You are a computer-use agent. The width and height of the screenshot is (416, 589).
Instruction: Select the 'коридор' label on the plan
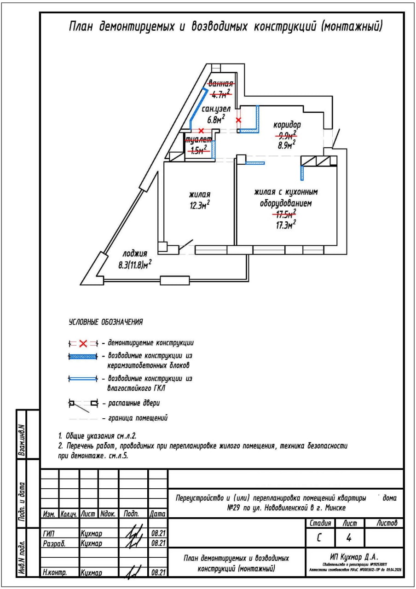(x=287, y=125)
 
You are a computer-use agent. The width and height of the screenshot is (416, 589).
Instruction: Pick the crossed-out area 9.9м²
(x=285, y=135)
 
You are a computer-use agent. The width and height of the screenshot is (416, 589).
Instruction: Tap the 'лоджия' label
(x=135, y=254)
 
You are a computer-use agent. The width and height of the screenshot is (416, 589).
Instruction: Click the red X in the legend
(x=83, y=343)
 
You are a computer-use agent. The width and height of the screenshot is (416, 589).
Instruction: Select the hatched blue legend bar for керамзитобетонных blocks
(x=83, y=357)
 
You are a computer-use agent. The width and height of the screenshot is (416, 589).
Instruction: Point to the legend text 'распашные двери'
(x=134, y=404)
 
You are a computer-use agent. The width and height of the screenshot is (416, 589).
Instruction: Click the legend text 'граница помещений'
(x=138, y=418)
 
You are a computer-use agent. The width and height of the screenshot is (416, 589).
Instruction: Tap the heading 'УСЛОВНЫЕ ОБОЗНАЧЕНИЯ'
(x=105, y=322)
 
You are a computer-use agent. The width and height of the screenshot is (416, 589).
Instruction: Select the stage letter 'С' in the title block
(x=319, y=537)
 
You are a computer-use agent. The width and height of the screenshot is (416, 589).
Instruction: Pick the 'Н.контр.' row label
(x=54, y=574)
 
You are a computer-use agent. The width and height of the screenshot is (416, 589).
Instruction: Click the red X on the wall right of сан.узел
(x=238, y=120)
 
